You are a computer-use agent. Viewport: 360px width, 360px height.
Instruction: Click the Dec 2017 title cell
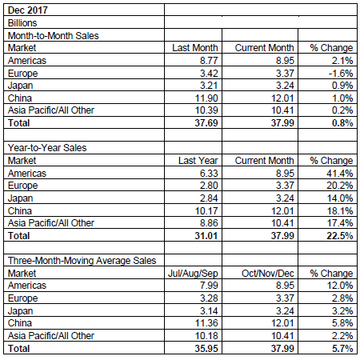(28, 10)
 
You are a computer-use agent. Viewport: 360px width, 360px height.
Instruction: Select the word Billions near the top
(22, 23)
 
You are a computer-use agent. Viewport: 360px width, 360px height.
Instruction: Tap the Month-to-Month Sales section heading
(54, 36)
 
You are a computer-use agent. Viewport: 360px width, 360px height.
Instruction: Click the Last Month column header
(195, 48)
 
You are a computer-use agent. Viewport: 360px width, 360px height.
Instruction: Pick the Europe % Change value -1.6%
(341, 73)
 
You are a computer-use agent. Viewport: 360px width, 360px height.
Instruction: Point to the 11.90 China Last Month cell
(206, 98)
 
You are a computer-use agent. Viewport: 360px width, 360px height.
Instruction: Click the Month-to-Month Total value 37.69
(206, 123)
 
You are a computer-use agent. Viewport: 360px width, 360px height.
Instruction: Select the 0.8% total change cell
(342, 123)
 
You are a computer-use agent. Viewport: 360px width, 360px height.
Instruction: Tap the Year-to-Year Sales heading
(47, 148)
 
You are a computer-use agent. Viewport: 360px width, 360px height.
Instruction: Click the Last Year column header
(198, 161)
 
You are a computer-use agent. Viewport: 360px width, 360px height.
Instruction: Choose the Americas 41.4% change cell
(340, 174)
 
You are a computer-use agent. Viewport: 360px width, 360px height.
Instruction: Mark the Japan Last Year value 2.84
(209, 198)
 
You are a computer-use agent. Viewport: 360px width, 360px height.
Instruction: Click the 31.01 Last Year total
(206, 236)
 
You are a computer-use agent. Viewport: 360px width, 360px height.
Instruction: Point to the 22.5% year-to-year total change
(340, 236)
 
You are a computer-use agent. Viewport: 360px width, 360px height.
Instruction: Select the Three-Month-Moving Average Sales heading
(82, 261)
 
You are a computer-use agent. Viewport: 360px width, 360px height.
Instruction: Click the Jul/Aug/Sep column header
(193, 274)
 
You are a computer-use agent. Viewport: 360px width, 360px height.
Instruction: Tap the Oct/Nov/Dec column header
(268, 274)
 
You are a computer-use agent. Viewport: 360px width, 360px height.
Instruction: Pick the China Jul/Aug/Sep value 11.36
(206, 323)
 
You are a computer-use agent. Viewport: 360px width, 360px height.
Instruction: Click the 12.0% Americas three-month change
(340, 286)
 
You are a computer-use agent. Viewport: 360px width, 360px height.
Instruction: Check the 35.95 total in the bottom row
(206, 349)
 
